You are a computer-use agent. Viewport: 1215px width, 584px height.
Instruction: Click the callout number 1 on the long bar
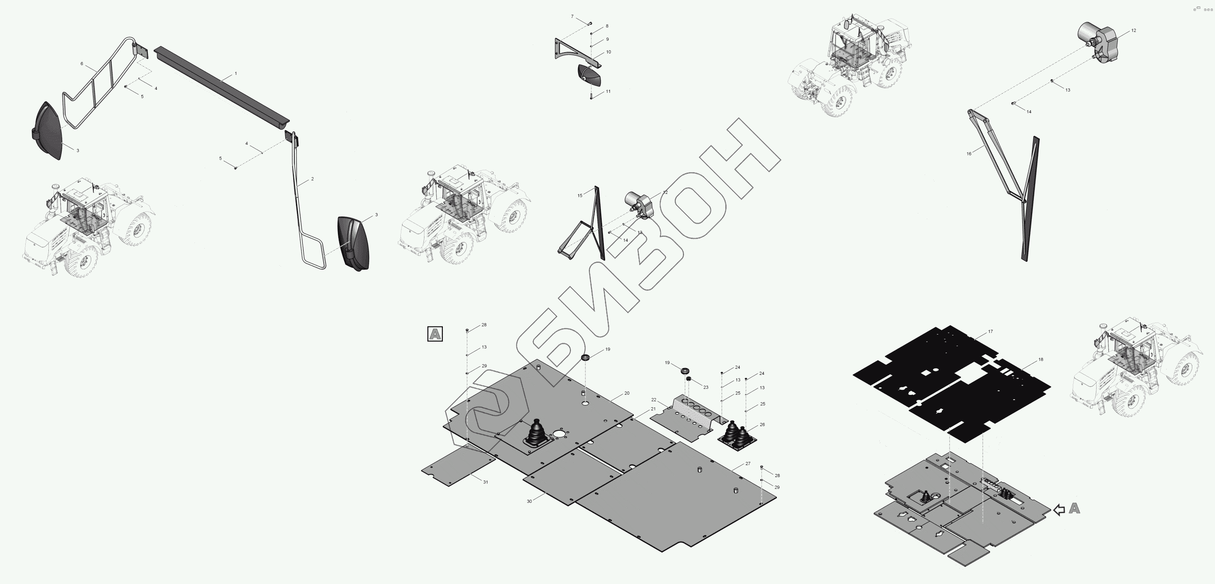point(236,74)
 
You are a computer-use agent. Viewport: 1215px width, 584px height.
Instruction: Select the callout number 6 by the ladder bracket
point(82,64)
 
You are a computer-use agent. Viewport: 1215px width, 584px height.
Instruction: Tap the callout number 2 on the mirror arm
point(312,179)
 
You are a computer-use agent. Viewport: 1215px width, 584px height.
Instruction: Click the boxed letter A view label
point(434,334)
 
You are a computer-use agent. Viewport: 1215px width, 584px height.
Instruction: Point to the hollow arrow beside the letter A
point(1059,510)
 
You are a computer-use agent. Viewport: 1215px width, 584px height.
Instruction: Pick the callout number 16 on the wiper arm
point(969,154)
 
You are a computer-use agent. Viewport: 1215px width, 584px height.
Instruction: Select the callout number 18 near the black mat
point(1041,360)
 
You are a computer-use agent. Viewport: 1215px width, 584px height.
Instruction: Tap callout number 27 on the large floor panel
point(748,464)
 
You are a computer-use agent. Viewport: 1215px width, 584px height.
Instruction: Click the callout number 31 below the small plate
point(485,482)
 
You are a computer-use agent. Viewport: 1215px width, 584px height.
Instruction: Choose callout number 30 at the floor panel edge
point(529,501)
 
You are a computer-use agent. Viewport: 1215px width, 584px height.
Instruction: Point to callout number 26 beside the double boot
point(762,425)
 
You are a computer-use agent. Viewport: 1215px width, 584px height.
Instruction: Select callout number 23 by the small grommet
point(706,388)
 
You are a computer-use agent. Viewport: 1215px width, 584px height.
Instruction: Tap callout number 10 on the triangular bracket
point(609,52)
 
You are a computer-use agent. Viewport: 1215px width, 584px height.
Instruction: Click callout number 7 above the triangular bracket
point(572,17)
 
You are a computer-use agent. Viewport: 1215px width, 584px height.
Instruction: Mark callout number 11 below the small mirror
point(608,92)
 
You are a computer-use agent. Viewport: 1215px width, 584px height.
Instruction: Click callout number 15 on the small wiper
point(580,195)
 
